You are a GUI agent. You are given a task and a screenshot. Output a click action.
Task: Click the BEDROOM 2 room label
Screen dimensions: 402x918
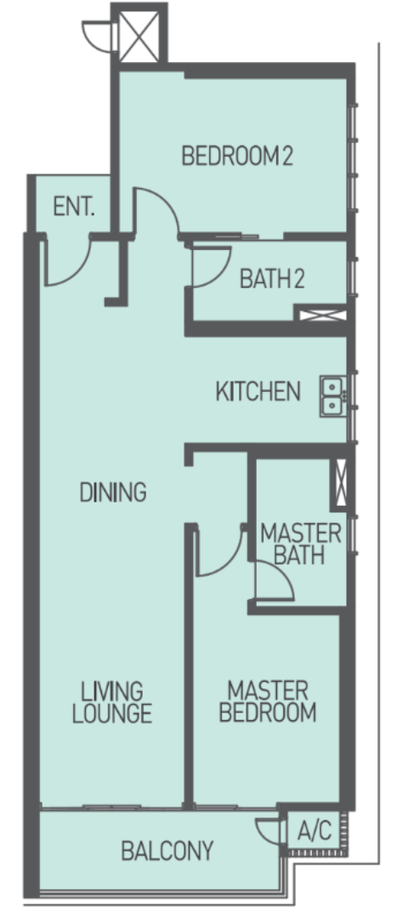point(237,156)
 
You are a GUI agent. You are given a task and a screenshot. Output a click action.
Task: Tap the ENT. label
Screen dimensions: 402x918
point(74,207)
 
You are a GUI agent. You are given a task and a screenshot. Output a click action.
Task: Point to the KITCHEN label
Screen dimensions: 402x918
point(258,391)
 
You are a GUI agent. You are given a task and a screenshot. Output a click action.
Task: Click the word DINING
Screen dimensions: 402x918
point(113,492)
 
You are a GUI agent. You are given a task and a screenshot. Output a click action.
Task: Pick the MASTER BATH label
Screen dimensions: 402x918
point(300,544)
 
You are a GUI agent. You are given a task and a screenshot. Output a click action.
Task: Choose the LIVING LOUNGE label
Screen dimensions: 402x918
point(112,702)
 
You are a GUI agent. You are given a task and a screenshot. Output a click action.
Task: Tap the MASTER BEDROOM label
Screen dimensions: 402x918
point(268,701)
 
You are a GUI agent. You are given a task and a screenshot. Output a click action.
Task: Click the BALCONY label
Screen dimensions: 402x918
point(167,851)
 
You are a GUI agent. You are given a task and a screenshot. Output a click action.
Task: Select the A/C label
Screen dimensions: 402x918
point(314,830)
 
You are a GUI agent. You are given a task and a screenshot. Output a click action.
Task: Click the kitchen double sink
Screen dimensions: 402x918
point(332,396)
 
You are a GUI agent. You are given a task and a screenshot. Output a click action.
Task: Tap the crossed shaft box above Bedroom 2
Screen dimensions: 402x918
point(139,37)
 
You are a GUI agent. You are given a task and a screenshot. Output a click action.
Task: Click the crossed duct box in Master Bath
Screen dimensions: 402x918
point(340,481)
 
